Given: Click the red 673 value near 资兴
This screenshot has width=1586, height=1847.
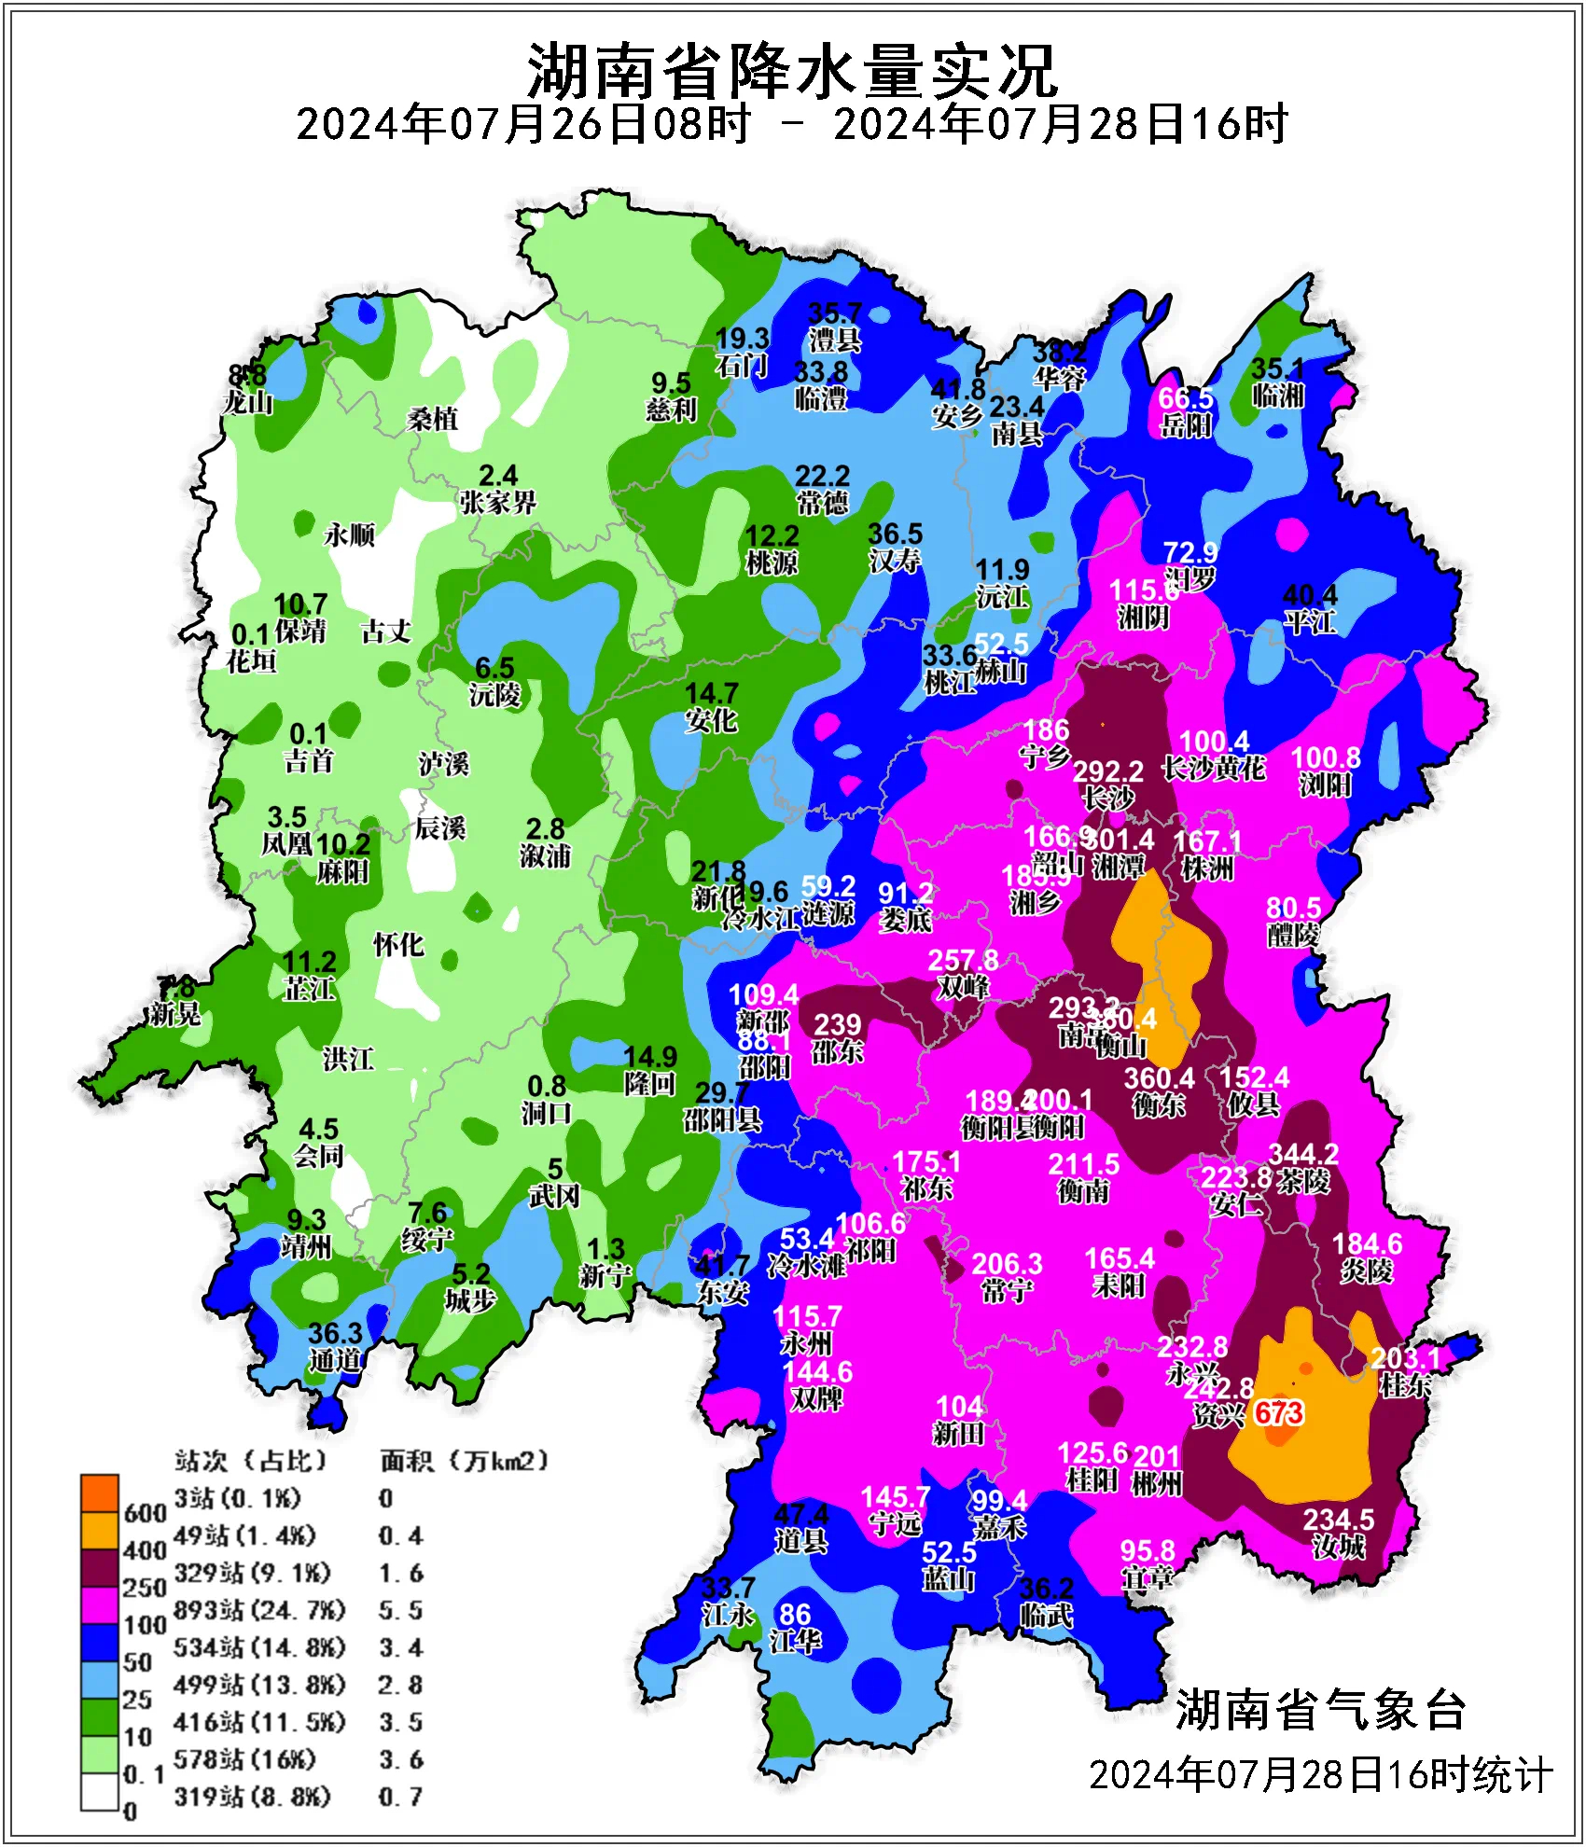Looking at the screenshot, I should point(1278,1413).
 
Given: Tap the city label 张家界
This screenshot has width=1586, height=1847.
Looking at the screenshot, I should point(497,503).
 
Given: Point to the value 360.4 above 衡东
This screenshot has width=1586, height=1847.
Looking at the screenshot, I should point(1159,1078).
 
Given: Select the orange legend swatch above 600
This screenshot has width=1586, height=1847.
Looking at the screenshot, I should point(99,1493).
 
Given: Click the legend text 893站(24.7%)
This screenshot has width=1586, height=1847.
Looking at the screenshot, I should point(259,1610).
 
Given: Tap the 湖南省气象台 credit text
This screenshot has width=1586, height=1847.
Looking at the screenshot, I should point(1320,1710).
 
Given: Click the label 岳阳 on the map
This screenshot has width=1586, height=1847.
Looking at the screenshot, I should point(1186,425).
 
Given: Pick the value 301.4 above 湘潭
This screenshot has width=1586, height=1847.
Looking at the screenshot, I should point(1120,840).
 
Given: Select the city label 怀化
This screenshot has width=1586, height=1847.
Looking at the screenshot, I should point(398,945).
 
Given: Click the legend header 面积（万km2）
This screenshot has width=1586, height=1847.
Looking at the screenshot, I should point(464,1461).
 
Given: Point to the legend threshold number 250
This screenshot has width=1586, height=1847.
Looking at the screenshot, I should point(144,1588).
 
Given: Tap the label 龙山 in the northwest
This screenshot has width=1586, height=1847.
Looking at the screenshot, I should point(248,403).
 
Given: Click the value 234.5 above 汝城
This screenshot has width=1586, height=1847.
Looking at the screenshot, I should point(1339,1520).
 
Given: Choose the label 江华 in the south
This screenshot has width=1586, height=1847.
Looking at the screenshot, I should point(794,1641).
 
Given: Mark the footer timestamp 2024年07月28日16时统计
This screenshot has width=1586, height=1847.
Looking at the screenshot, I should point(1320,1774).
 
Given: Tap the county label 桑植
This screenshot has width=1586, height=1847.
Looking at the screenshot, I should point(433,420).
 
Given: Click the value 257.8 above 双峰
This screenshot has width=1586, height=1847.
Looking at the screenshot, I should point(962,960).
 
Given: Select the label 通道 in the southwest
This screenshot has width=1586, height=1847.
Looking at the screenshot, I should point(335,1360).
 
